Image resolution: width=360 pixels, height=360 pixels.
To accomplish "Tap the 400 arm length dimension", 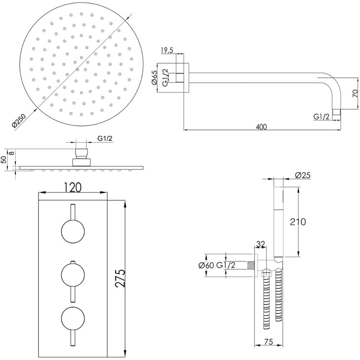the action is (261, 126).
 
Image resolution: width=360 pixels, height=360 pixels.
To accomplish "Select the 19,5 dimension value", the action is (167, 50).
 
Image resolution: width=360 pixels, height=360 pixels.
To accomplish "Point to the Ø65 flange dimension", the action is (154, 78).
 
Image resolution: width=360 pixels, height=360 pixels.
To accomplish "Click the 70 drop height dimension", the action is (355, 93).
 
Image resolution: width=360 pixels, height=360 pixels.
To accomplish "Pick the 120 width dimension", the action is (72, 187).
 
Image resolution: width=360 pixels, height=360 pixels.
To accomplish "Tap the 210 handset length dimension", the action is (298, 222).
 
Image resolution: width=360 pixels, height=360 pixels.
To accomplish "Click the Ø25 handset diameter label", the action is (303, 176).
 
